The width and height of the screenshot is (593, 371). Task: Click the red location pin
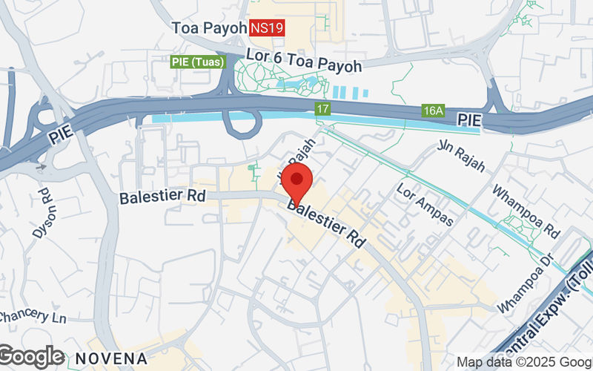click(x=297, y=185)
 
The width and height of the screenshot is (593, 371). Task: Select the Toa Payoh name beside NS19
click(x=208, y=28)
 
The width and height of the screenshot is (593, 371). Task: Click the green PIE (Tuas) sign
click(x=197, y=62)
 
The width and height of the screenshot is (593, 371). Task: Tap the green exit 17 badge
click(x=320, y=108)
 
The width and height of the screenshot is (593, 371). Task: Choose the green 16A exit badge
click(x=433, y=111)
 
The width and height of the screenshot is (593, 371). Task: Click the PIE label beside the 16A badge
click(x=468, y=119)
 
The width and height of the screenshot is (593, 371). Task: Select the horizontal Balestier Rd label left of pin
click(x=162, y=197)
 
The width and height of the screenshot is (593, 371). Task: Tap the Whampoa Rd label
click(x=526, y=211)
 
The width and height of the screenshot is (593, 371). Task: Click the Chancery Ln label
click(x=33, y=317)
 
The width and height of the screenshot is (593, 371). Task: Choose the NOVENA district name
click(x=111, y=358)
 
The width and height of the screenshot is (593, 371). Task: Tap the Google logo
click(x=31, y=357)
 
